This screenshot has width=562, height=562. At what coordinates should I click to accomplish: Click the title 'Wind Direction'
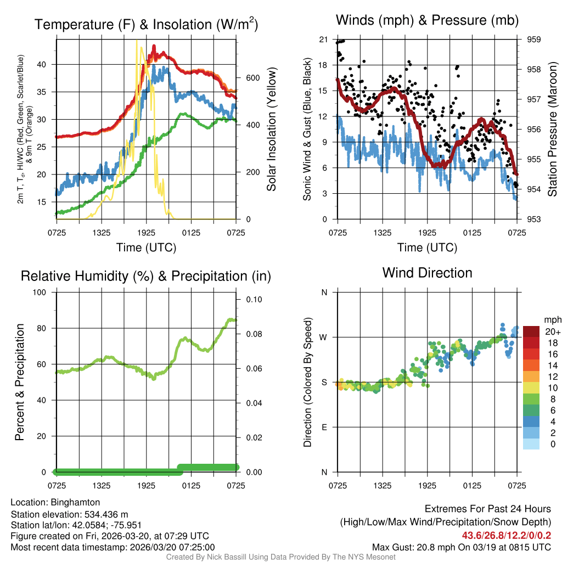[427, 273]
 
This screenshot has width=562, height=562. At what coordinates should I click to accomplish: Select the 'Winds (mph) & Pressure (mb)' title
[427, 20]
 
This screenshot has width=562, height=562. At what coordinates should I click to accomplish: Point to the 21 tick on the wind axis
[323, 40]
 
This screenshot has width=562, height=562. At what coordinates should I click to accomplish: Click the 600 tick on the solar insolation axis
[251, 78]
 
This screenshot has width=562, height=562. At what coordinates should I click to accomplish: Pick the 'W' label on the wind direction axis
[324, 337]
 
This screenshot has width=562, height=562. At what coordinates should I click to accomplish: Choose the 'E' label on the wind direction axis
[324, 427]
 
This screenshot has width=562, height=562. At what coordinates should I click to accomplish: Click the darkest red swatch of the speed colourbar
[531, 332]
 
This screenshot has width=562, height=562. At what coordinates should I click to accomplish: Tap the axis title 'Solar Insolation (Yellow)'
[271, 130]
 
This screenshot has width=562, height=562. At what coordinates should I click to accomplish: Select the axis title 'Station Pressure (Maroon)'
[553, 130]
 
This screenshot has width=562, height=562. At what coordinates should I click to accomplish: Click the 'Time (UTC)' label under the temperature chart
[146, 248]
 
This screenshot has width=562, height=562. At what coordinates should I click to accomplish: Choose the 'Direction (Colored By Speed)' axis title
[307, 382]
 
